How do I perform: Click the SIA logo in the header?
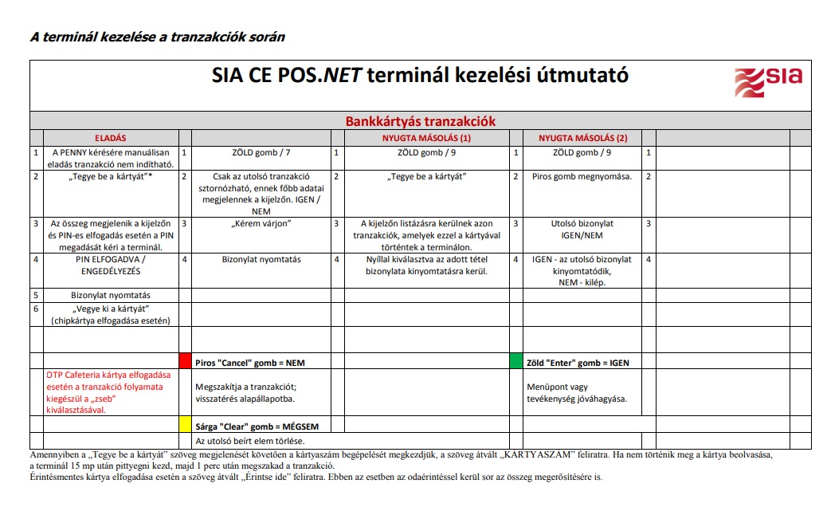tap(768, 81)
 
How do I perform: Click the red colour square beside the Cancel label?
tap(185, 361)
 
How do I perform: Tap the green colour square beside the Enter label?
tap(515, 361)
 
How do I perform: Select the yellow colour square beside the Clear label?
tap(185, 423)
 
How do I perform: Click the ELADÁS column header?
tap(110, 137)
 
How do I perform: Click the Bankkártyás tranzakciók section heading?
tap(420, 121)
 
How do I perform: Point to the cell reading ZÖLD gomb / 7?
tap(261, 152)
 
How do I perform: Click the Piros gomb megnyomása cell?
tap(582, 176)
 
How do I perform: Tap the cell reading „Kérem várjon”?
tap(261, 223)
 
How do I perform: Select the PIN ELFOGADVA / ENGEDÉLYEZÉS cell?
tap(110, 265)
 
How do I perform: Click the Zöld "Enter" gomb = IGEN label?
tap(578, 363)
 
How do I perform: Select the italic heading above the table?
tap(157, 37)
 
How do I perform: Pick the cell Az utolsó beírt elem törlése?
tap(250, 441)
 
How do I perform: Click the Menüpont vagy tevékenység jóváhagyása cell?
tap(578, 392)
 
